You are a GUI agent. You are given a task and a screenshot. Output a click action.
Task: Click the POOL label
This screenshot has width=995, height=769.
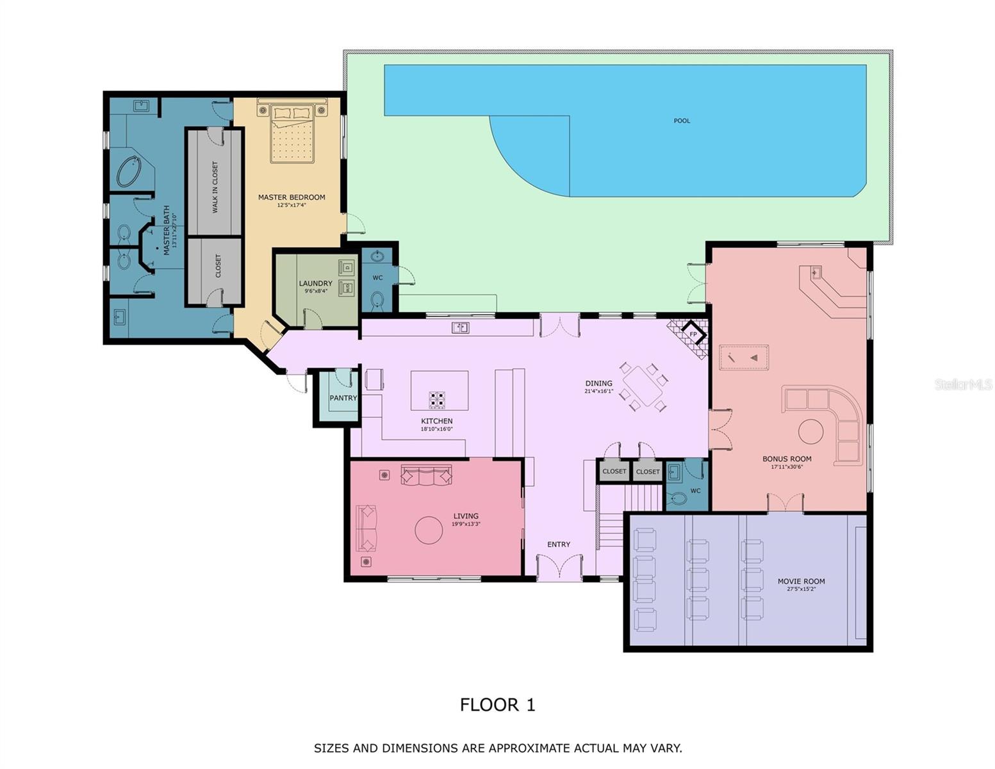682,120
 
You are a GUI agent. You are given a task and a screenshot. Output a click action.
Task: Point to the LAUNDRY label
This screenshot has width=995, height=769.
315,283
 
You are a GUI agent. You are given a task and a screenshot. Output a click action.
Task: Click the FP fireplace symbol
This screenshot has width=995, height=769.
693,335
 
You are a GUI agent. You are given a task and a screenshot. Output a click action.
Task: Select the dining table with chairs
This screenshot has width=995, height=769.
643,387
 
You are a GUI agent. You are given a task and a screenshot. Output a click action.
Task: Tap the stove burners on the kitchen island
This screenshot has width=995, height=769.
437,400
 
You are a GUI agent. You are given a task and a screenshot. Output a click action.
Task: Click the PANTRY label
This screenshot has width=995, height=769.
343,398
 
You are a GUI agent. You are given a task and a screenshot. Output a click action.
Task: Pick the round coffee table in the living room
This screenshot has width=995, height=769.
429,530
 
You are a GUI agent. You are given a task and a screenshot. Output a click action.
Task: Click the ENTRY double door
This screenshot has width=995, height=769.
559,567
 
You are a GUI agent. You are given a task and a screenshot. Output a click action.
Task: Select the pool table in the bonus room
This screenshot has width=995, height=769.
744,358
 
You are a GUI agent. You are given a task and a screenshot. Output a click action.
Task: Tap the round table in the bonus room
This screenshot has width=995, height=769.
810,432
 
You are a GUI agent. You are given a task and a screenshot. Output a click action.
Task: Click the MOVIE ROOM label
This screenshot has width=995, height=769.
801,581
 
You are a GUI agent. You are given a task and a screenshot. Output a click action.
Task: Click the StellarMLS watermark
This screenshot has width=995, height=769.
963,384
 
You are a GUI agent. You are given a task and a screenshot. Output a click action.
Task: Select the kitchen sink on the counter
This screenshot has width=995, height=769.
460,328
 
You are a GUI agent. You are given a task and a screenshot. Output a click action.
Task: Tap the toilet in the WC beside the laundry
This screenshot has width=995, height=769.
377,299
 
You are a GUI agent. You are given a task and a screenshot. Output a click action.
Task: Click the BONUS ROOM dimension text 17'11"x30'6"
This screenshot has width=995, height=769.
787,467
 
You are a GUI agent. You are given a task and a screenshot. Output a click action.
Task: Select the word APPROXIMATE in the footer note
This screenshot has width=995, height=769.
529,748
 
